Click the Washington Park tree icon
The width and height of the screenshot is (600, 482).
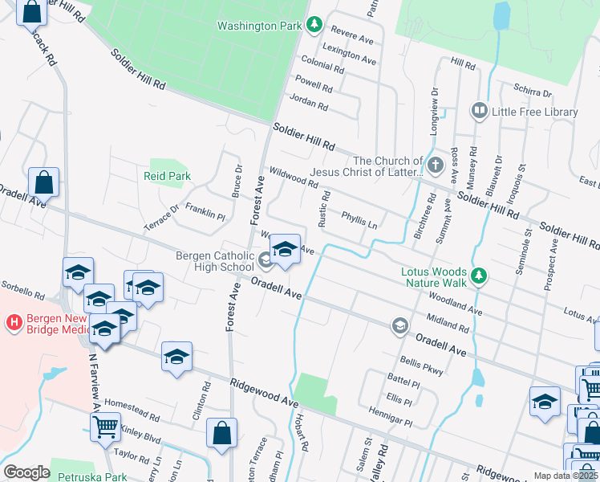tap(314, 26)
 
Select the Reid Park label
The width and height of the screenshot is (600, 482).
tap(167, 175)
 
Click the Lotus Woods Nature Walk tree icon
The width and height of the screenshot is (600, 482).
tap(479, 276)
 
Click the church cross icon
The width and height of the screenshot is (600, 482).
tap(435, 166)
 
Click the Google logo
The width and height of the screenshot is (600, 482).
tap(26, 472)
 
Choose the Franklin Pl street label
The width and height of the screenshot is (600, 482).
tap(205, 213)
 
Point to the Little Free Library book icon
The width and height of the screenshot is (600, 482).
tap(479, 110)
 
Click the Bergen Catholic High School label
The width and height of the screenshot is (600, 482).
tap(215, 261)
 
